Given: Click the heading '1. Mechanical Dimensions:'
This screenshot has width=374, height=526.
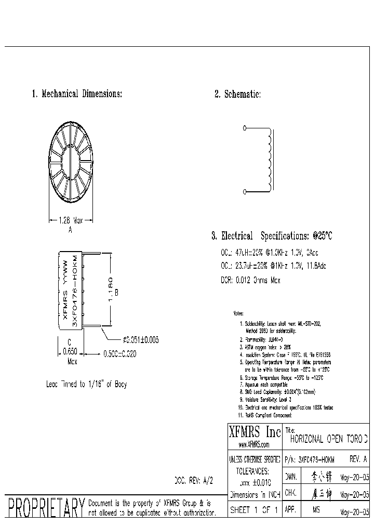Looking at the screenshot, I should coord(77,94).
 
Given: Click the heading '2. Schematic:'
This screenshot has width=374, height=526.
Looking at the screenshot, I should coord(237,94).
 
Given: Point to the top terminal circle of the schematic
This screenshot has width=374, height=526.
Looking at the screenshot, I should coord(244,127).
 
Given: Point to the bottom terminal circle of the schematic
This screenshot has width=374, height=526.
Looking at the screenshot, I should coord(244,192).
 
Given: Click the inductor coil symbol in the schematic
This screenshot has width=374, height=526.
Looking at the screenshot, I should coord(269,160).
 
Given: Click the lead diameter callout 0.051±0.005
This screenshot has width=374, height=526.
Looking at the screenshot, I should coord(140,339).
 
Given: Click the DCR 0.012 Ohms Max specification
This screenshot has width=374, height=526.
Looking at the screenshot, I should coord(250,280).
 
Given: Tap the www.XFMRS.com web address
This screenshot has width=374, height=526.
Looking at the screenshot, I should coord(253,445).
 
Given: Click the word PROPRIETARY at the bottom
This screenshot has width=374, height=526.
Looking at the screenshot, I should coord(45,507).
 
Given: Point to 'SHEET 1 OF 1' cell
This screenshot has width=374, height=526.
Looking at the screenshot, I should coord(255,510).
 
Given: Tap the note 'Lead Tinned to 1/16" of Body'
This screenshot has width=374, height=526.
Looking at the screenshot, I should coord(86,385).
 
